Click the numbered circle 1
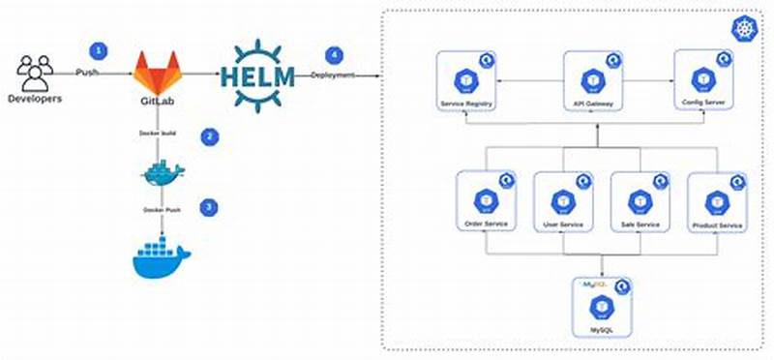97,49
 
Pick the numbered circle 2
209,136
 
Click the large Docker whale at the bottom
161,258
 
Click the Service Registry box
465,82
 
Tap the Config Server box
704,82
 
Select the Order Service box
487,202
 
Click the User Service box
562,202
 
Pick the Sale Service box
640,202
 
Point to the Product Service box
717,202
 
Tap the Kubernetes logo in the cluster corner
746,30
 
